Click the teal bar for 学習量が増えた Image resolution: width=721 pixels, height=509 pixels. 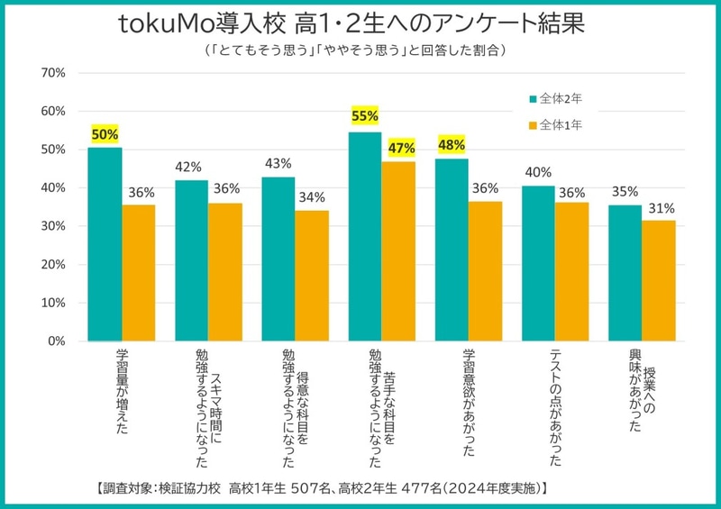pos(105,244)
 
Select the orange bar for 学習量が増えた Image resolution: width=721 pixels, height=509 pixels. pos(139,273)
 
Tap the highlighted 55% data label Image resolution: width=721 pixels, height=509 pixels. pos(365,115)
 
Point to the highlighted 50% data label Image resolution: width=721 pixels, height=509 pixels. pos(105,134)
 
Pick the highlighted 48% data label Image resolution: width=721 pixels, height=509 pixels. pos(452,144)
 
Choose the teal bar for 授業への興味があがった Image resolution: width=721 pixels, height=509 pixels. pos(625,273)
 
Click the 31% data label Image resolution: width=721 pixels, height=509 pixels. pos(660,208)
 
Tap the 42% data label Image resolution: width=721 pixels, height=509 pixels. pos(191,167)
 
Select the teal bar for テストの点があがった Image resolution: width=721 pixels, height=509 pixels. pos(538,263)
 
